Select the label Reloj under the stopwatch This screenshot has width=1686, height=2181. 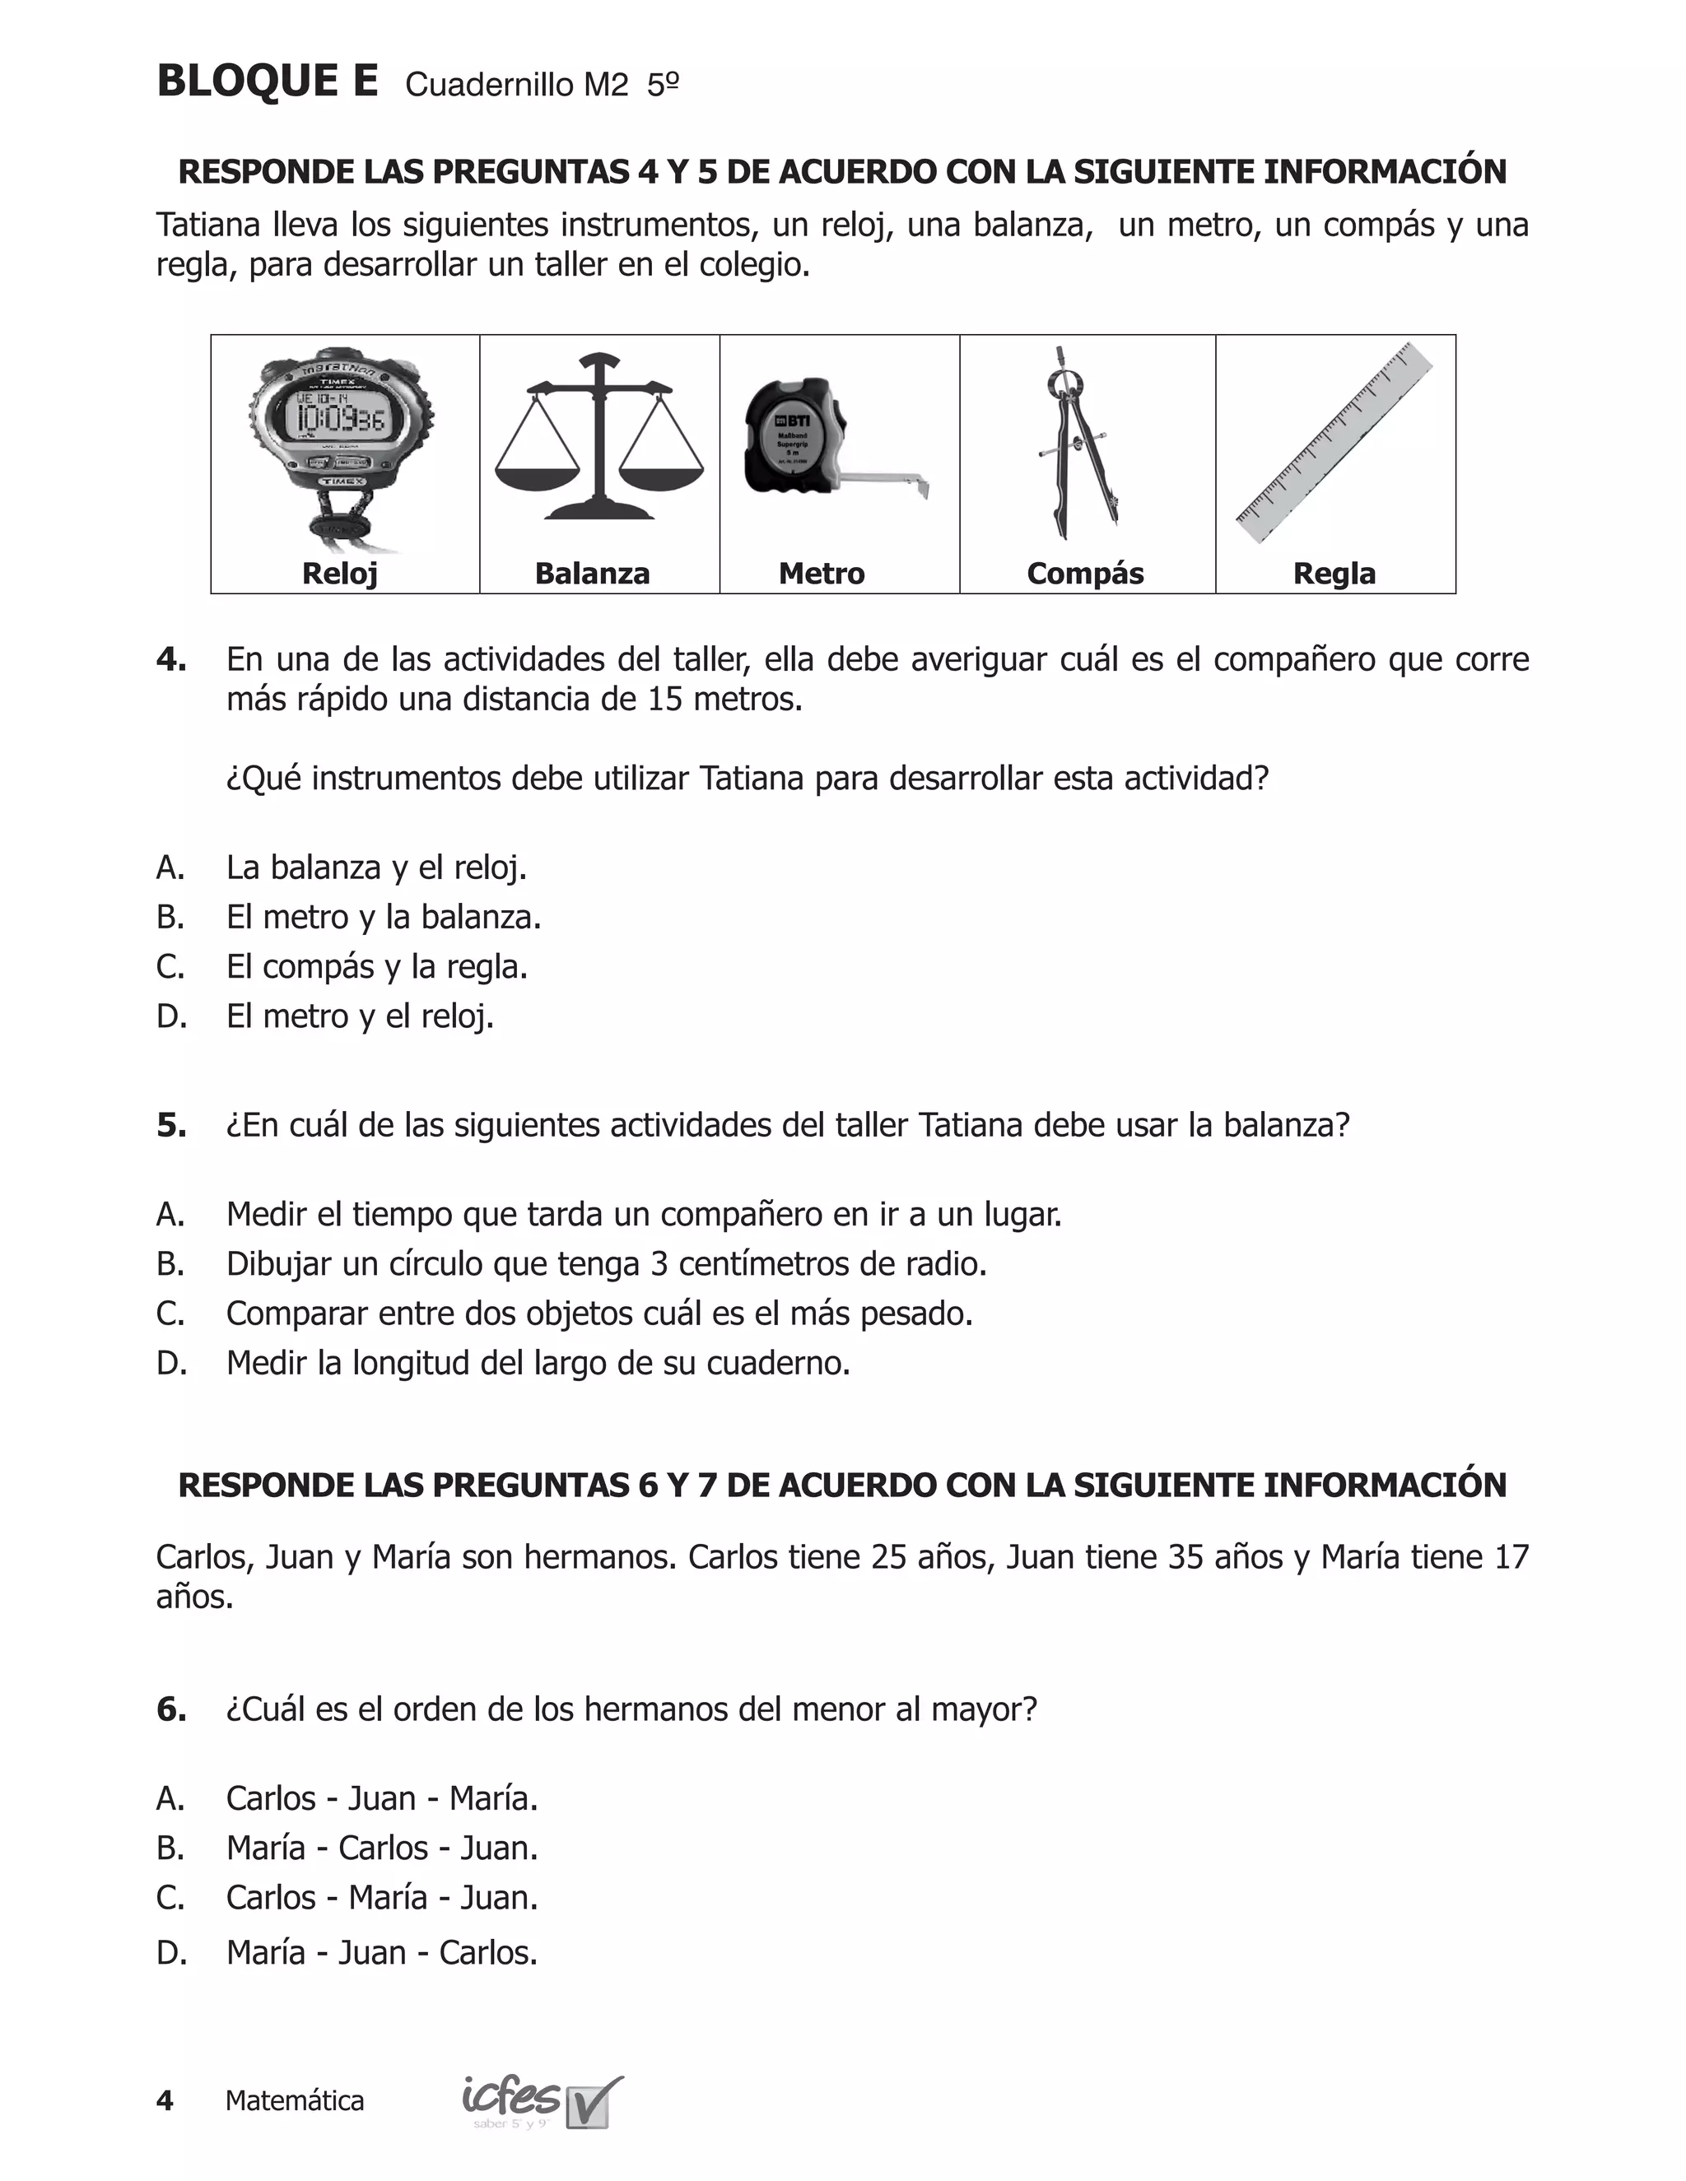click(x=340, y=573)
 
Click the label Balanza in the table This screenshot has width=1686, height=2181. click(x=592, y=573)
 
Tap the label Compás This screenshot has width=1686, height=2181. click(x=1085, y=573)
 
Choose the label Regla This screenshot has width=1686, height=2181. click(x=1334, y=573)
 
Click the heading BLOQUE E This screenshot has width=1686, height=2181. click(x=268, y=81)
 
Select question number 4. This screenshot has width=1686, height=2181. click(x=170, y=660)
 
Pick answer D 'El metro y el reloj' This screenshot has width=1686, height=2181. click(x=360, y=1016)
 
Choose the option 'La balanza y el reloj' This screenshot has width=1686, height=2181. click(x=375, y=867)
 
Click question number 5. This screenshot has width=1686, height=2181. click(x=170, y=1125)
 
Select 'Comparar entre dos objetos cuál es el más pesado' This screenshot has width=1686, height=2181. click(x=599, y=1314)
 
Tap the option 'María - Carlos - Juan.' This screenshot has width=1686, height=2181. click(x=381, y=1849)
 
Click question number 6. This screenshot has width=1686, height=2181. click(x=170, y=1709)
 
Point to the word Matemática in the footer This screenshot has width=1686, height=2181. click(x=295, y=2101)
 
